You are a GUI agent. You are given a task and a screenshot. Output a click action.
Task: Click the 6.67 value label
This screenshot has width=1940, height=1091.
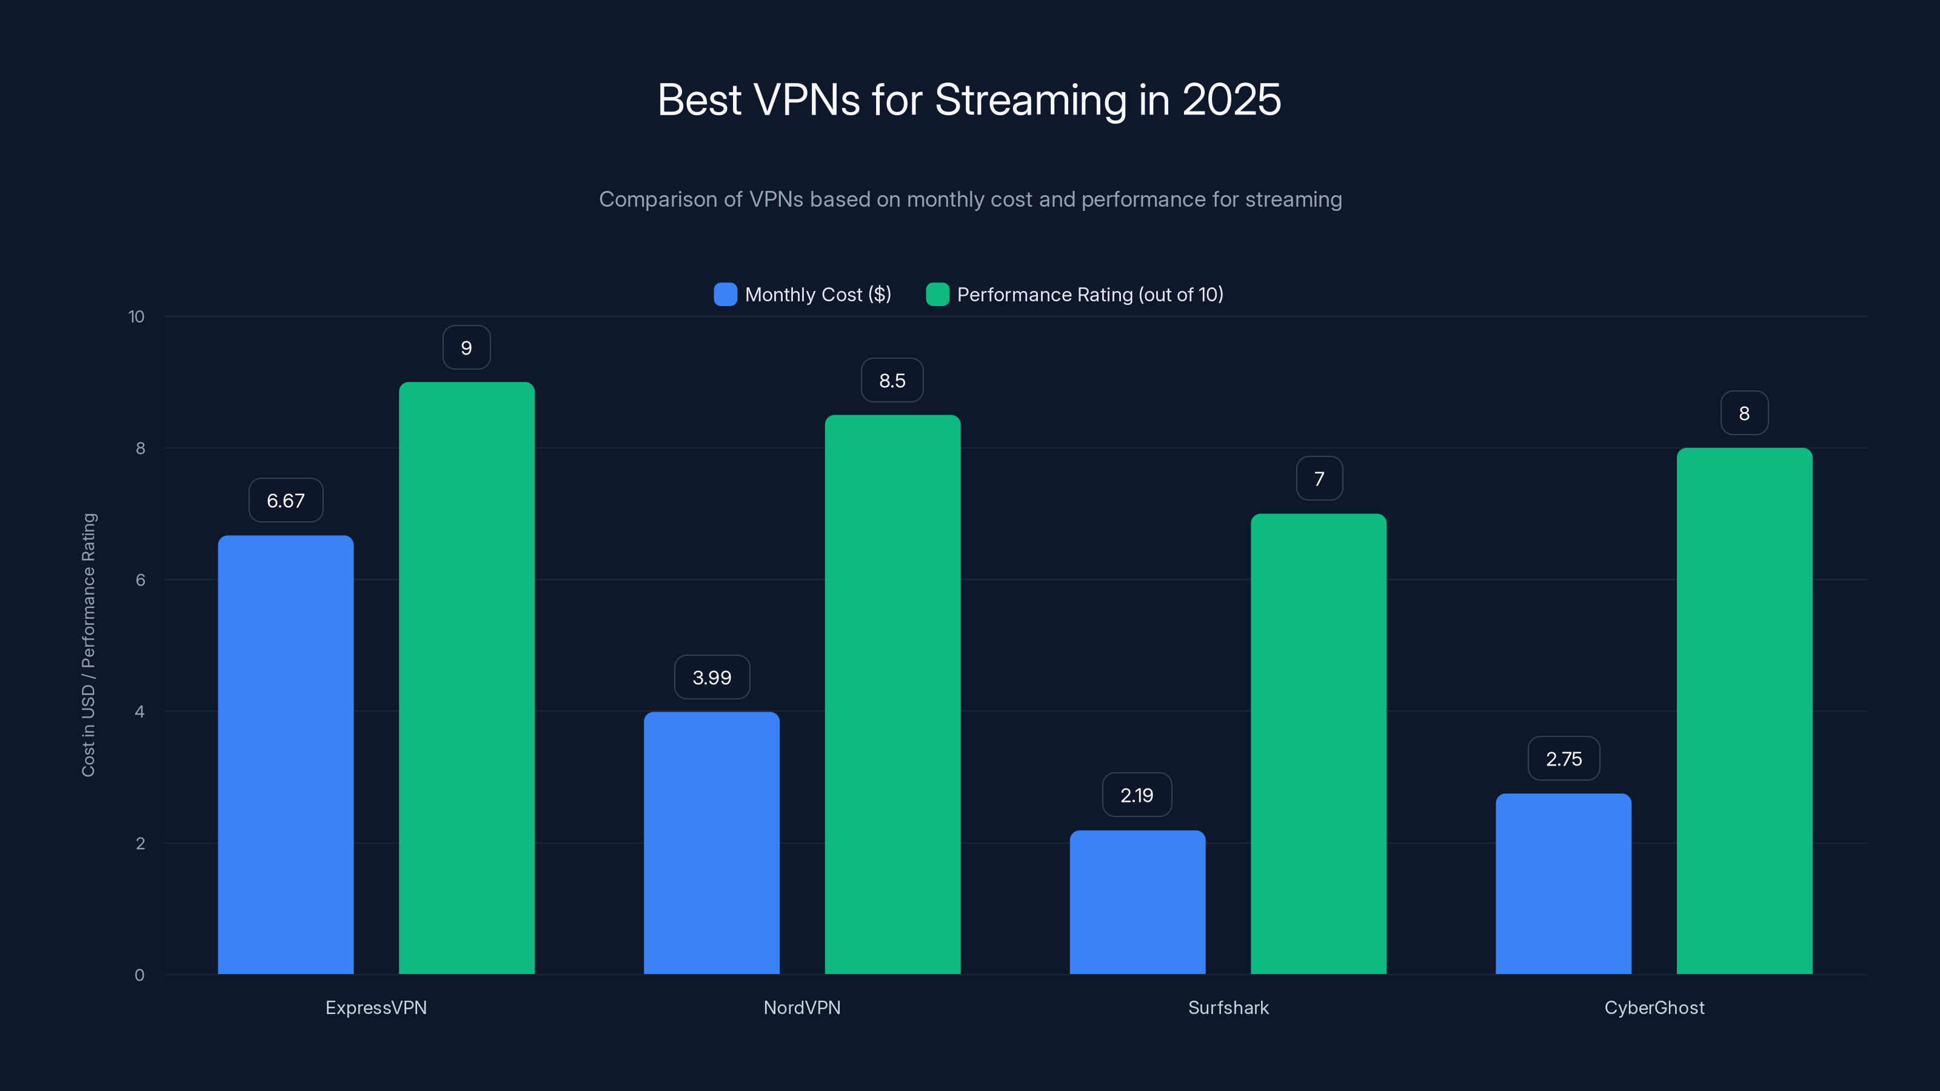(x=286, y=501)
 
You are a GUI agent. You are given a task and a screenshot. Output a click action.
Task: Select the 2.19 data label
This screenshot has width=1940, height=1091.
(x=1137, y=795)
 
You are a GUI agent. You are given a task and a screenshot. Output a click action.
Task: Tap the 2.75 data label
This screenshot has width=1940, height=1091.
(x=1564, y=759)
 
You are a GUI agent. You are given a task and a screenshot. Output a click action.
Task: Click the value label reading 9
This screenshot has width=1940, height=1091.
(x=466, y=348)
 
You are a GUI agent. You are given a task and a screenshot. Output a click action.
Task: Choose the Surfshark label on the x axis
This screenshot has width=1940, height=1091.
(x=1228, y=1007)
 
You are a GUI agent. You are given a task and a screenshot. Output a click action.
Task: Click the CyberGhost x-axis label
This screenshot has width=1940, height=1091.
(x=1654, y=1007)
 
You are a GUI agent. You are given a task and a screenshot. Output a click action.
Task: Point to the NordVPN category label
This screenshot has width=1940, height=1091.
(x=802, y=1007)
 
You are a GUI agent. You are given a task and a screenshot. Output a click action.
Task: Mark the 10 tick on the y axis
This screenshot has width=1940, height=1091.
(x=136, y=316)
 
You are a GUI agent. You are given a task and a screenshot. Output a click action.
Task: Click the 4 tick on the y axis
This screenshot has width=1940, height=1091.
(x=139, y=712)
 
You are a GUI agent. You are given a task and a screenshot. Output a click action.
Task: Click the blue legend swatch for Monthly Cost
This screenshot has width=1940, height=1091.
(x=725, y=295)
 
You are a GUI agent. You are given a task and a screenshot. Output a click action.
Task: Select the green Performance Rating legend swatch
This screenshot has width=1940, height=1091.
(x=937, y=295)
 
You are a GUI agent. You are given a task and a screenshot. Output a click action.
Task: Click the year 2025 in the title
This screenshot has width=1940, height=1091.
(x=1231, y=99)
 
